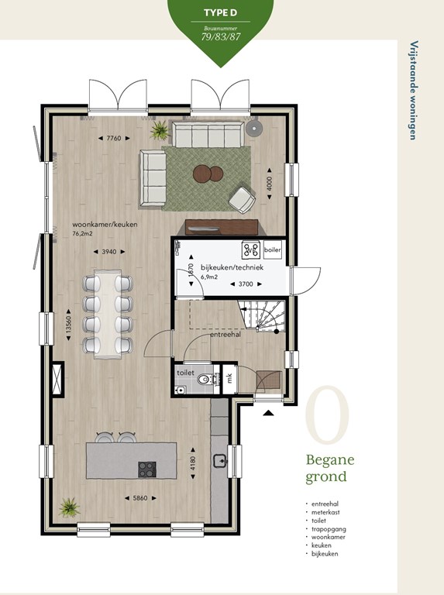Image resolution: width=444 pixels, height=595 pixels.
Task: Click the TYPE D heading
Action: pyautogui.click(x=220, y=12)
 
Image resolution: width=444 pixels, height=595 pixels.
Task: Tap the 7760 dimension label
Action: pyautogui.click(x=113, y=138)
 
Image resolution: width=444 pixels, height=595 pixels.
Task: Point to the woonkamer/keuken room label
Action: pyautogui.click(x=105, y=224)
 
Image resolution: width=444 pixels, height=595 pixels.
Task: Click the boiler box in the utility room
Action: pyautogui.click(x=273, y=249)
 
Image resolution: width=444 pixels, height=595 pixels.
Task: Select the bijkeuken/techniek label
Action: pyautogui.click(x=232, y=267)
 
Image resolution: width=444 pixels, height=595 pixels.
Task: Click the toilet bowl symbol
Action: pyautogui.click(x=205, y=378)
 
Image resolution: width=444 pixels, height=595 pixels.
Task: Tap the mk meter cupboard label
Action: pyautogui.click(x=229, y=378)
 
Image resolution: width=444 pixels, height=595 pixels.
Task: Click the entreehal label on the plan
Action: pyautogui.click(x=225, y=335)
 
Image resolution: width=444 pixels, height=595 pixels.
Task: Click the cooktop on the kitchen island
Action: pyautogui.click(x=147, y=469)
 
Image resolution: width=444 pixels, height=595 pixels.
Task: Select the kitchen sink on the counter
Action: pyautogui.click(x=220, y=460)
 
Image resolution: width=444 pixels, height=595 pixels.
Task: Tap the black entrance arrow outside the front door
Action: pyautogui.click(x=268, y=413)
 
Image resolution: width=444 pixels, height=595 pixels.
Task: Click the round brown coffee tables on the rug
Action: pyautogui.click(x=208, y=174)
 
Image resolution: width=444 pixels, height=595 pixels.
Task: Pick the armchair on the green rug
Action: pyautogui.click(x=242, y=199)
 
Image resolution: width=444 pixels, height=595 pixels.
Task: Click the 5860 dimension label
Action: pyautogui.click(x=140, y=498)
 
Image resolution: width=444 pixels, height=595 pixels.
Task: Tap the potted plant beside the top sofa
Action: pyautogui.click(x=160, y=130)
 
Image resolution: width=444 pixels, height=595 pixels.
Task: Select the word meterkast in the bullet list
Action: pyautogui.click(x=325, y=512)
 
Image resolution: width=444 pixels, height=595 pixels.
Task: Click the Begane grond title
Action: pyautogui.click(x=330, y=468)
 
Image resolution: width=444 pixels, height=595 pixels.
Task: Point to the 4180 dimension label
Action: pyautogui.click(x=193, y=463)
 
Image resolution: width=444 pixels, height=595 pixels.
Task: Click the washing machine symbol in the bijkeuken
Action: pyautogui.click(x=251, y=249)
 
